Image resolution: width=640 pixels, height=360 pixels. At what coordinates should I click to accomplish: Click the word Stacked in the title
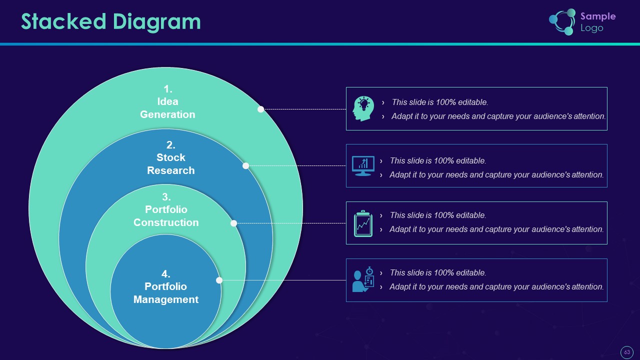[x=63, y=21]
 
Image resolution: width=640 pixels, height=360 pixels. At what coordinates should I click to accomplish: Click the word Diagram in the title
[x=157, y=23]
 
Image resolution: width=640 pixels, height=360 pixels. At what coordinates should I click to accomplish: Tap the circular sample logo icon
[x=562, y=22]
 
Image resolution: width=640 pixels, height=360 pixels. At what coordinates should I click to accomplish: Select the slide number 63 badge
[x=627, y=352]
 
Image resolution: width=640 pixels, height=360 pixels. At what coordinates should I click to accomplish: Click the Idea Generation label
[x=167, y=108]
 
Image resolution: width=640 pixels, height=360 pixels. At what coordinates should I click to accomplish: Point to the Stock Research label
[x=171, y=164]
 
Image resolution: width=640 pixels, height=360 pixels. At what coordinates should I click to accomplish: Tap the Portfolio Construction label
[x=166, y=216]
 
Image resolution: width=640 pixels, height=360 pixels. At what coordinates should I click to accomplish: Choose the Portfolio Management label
[x=165, y=293]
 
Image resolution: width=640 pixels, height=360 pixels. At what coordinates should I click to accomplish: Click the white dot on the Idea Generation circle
[x=260, y=109]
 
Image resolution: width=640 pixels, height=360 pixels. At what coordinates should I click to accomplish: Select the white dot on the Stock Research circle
[x=245, y=165]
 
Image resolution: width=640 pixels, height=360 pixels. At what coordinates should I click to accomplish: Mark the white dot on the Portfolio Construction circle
[x=233, y=223]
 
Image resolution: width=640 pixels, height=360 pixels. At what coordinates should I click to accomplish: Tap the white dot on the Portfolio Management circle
[x=219, y=280]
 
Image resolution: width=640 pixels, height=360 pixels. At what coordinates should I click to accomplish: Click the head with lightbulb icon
[x=363, y=108]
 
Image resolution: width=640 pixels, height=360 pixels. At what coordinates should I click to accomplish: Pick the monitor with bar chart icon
[x=363, y=165]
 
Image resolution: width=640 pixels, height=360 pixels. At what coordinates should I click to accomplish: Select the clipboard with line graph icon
[x=363, y=223]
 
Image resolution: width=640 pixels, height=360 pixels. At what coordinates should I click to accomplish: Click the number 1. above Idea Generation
[x=168, y=89]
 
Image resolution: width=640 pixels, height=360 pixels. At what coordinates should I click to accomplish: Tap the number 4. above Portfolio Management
[x=165, y=274]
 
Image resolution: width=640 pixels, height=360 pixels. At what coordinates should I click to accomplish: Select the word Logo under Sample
[x=591, y=28]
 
